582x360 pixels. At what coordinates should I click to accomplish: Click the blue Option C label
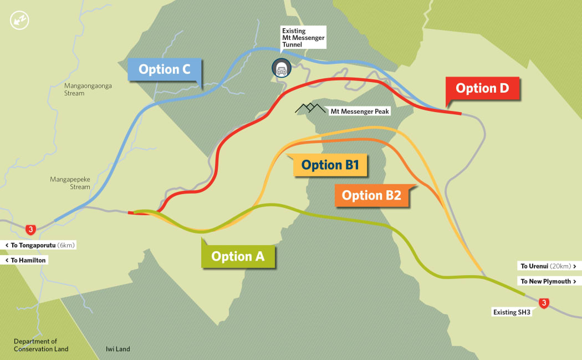tap(165, 69)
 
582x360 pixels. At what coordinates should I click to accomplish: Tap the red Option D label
tap(483, 88)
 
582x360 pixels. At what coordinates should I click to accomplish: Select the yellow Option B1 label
tap(330, 165)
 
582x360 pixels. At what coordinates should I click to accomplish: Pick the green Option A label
tap(238, 256)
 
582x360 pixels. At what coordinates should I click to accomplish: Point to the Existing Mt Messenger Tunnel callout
tap(303, 37)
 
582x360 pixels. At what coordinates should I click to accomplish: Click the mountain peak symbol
tap(310, 108)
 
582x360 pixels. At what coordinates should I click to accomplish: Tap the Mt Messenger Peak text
tap(360, 111)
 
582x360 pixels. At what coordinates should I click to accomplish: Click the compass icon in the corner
tap(19, 21)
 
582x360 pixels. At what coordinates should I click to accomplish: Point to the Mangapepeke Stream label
tap(70, 183)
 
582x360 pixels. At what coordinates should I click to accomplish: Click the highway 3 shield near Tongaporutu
tap(31, 229)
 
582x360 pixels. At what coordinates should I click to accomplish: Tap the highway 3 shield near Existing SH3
tap(544, 303)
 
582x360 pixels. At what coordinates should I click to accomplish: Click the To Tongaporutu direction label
tap(39, 245)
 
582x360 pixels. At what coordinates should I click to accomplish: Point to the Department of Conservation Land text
tap(41, 345)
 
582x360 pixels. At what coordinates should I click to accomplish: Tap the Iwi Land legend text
tap(118, 349)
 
